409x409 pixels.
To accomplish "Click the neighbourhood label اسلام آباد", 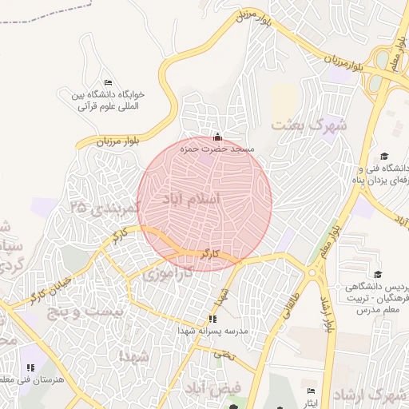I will [x=191, y=199].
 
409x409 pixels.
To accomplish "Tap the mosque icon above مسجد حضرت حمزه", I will [x=218, y=136].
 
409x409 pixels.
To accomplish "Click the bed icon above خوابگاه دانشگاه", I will [x=109, y=83].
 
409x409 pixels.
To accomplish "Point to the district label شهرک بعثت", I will [x=309, y=125].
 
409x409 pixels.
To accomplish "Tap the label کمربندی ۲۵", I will [x=105, y=207].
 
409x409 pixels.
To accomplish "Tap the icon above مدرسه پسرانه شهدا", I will [x=212, y=320].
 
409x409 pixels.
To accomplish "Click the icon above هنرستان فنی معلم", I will [x=30, y=367].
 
